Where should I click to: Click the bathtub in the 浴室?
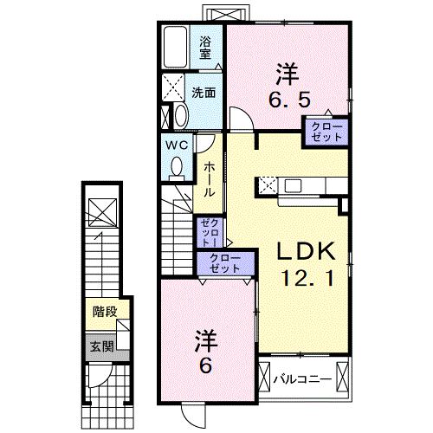click(x=175, y=48)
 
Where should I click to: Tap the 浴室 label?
click(x=205, y=48)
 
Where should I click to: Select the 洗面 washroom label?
click(x=204, y=93)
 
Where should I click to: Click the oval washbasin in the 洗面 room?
click(x=181, y=115)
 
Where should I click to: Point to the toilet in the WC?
click(x=177, y=168)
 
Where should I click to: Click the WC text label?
click(x=177, y=145)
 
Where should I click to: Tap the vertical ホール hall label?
click(x=210, y=179)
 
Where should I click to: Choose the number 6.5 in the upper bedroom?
click(x=289, y=100)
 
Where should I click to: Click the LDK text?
click(x=306, y=251)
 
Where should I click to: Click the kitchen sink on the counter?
click(x=293, y=185)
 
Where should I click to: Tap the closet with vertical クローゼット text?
click(x=210, y=232)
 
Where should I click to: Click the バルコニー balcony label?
click(x=303, y=379)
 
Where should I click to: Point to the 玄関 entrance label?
click(x=102, y=346)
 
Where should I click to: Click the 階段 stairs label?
click(x=105, y=312)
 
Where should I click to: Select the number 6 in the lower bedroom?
click(x=205, y=365)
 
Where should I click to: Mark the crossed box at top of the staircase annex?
click(x=102, y=212)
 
